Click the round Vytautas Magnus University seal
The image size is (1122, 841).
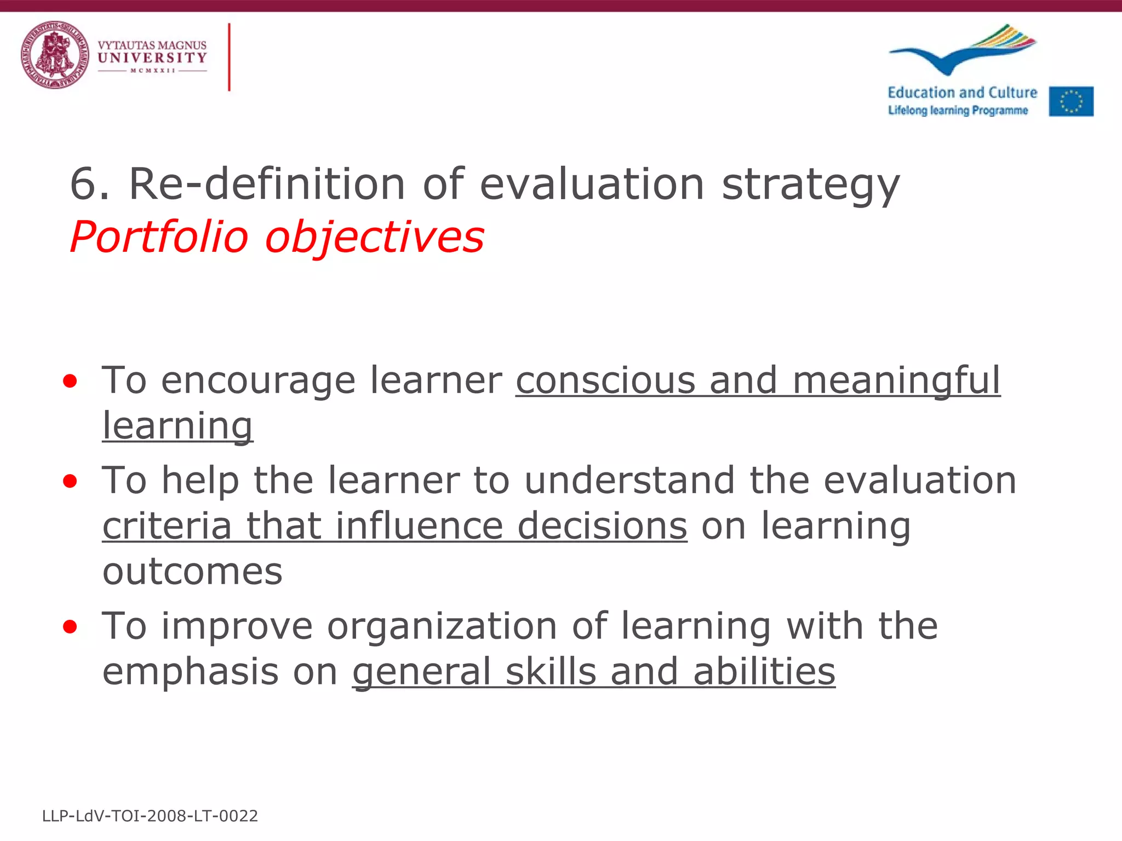click(x=55, y=55)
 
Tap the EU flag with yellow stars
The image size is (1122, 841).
click(x=1071, y=101)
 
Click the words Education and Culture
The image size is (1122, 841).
click(x=962, y=93)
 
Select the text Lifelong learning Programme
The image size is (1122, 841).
click(x=958, y=110)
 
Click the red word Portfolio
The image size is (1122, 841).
click(x=159, y=238)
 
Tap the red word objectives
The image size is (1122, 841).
click(x=375, y=238)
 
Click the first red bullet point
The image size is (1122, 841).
click(x=70, y=381)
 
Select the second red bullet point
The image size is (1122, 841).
click(x=70, y=481)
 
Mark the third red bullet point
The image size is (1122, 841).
click(x=70, y=626)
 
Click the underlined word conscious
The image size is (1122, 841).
click(x=605, y=380)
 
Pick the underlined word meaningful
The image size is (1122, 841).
click(x=896, y=381)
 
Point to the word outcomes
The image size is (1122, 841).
click(x=192, y=572)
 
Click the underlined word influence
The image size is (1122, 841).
click(x=419, y=526)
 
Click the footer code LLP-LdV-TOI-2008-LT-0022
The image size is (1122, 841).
click(x=150, y=816)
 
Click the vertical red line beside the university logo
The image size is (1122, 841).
click(x=229, y=57)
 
